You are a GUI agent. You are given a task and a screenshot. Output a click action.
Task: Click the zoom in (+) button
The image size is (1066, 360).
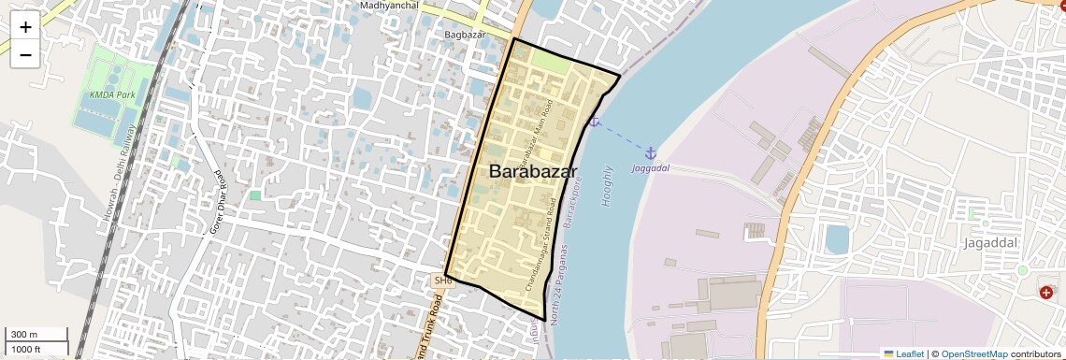point(25,27)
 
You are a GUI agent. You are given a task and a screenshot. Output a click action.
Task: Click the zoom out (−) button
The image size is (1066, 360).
point(25,55)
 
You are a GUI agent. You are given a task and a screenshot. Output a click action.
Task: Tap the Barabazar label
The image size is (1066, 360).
point(533,172)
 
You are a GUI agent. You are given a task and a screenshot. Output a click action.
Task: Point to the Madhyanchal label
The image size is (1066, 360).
point(388,6)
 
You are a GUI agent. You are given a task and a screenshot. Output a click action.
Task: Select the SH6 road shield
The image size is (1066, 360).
point(442,280)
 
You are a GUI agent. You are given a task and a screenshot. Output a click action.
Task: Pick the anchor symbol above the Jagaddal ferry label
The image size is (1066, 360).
point(651,152)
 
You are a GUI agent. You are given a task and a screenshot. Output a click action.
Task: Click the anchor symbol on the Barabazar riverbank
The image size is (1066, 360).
point(593,121)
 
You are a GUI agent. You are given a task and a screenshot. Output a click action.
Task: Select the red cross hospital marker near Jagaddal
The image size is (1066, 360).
point(1045,293)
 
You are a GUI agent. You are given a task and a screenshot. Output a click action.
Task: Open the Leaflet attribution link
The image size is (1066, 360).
point(903,353)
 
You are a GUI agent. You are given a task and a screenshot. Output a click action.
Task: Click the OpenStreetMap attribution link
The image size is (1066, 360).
point(973,353)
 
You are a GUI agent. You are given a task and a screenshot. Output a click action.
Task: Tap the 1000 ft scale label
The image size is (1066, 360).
point(26,350)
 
